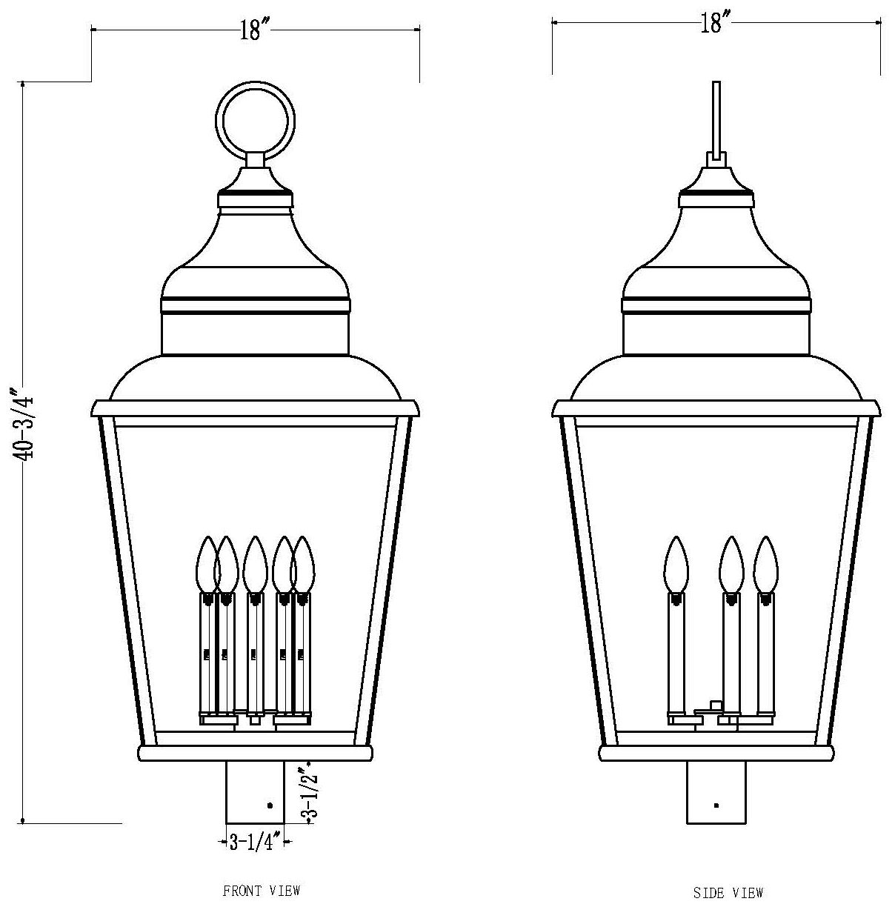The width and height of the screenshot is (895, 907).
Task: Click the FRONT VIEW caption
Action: point(262,890)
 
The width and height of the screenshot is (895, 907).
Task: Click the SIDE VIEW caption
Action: point(728,892)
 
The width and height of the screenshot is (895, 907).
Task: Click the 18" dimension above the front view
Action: point(254,30)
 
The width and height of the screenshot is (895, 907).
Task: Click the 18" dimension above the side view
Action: point(711,24)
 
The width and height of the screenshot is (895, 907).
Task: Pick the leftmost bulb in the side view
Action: point(675,563)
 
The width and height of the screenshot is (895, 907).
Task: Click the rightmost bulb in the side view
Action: point(765,563)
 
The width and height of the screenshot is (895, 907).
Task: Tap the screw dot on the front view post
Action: point(269,804)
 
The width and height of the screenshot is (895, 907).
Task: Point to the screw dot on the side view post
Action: point(716,804)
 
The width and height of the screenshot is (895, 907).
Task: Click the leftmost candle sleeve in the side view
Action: point(675,652)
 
